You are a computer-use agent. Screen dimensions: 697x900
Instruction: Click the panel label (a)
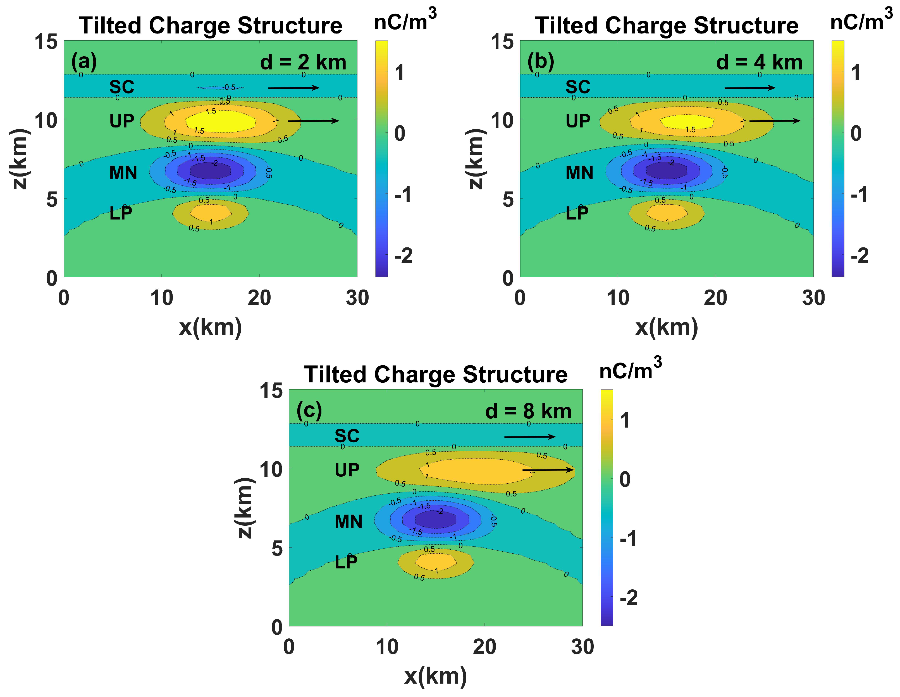pyautogui.click(x=84, y=62)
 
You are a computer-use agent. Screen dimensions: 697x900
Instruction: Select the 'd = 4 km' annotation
pyautogui.click(x=759, y=62)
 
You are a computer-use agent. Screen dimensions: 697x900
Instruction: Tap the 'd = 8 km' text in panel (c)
pyautogui.click(x=528, y=411)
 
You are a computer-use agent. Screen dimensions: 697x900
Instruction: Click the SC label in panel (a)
pyautogui.click(x=121, y=87)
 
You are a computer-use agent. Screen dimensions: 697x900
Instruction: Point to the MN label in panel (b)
pyautogui.click(x=579, y=172)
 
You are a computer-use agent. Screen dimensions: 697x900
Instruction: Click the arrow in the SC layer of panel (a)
pyautogui.click(x=293, y=88)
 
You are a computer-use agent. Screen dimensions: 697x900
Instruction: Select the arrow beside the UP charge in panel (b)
pyautogui.click(x=774, y=120)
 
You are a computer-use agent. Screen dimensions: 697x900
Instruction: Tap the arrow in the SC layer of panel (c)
pyautogui.click(x=529, y=437)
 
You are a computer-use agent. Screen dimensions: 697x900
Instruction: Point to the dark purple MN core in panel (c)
pyautogui.click(x=436, y=520)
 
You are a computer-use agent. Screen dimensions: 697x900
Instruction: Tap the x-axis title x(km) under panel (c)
pyautogui.click(x=436, y=676)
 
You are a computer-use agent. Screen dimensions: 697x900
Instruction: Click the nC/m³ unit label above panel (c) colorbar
pyautogui.click(x=630, y=368)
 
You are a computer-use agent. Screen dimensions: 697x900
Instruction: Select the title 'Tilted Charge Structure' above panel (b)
pyautogui.click(x=666, y=26)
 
